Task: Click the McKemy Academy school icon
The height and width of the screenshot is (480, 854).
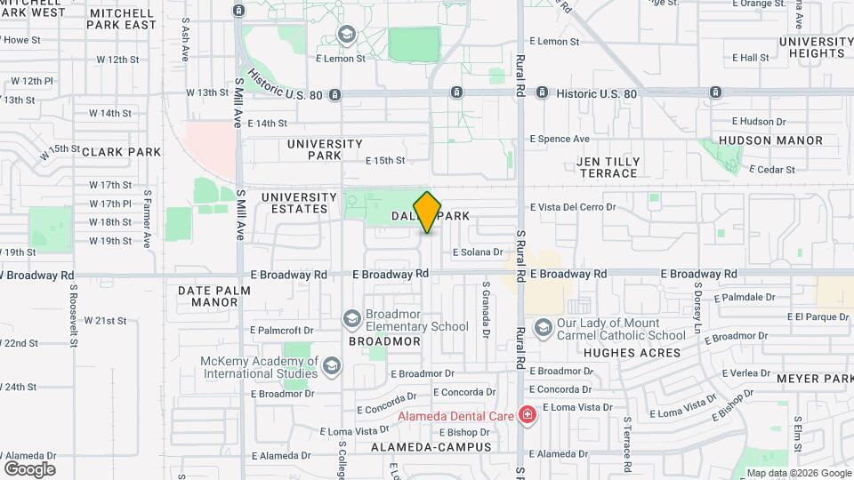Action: [331, 366]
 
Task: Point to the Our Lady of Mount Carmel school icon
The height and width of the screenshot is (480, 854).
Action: [542, 329]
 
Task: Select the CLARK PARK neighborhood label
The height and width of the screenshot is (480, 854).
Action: [122, 152]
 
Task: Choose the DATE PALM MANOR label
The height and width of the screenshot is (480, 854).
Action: [208, 296]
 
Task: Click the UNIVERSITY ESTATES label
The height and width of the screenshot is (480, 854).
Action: [299, 203]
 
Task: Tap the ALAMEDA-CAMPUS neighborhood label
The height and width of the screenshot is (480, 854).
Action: [431, 447]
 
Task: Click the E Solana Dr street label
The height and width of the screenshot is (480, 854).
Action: [478, 252]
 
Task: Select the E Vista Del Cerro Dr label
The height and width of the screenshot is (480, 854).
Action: [573, 207]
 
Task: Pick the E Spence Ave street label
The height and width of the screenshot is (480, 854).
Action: [560, 139]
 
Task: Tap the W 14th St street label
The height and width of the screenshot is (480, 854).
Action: [110, 114]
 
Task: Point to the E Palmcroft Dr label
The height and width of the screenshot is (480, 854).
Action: [282, 330]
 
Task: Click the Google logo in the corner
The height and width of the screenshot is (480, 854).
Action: [29, 469]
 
